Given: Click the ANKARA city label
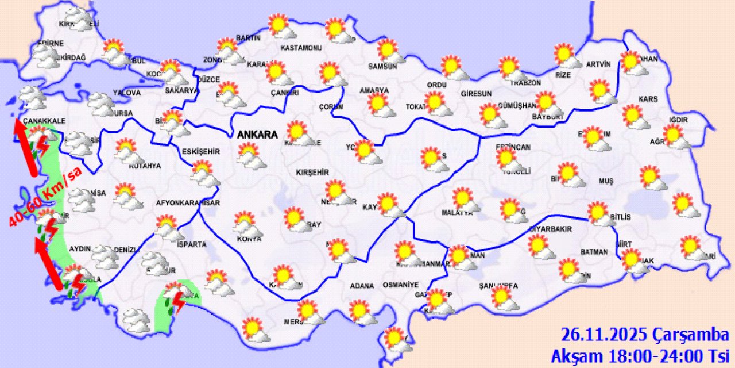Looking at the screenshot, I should coord(258,135).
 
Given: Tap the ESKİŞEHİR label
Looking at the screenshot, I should coord(201,151).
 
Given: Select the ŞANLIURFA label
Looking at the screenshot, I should coord(498,286).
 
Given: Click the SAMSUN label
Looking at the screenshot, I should coord(383,66).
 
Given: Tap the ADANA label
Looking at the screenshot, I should coord(362,286).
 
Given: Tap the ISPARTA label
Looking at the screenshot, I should coord(191,244).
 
